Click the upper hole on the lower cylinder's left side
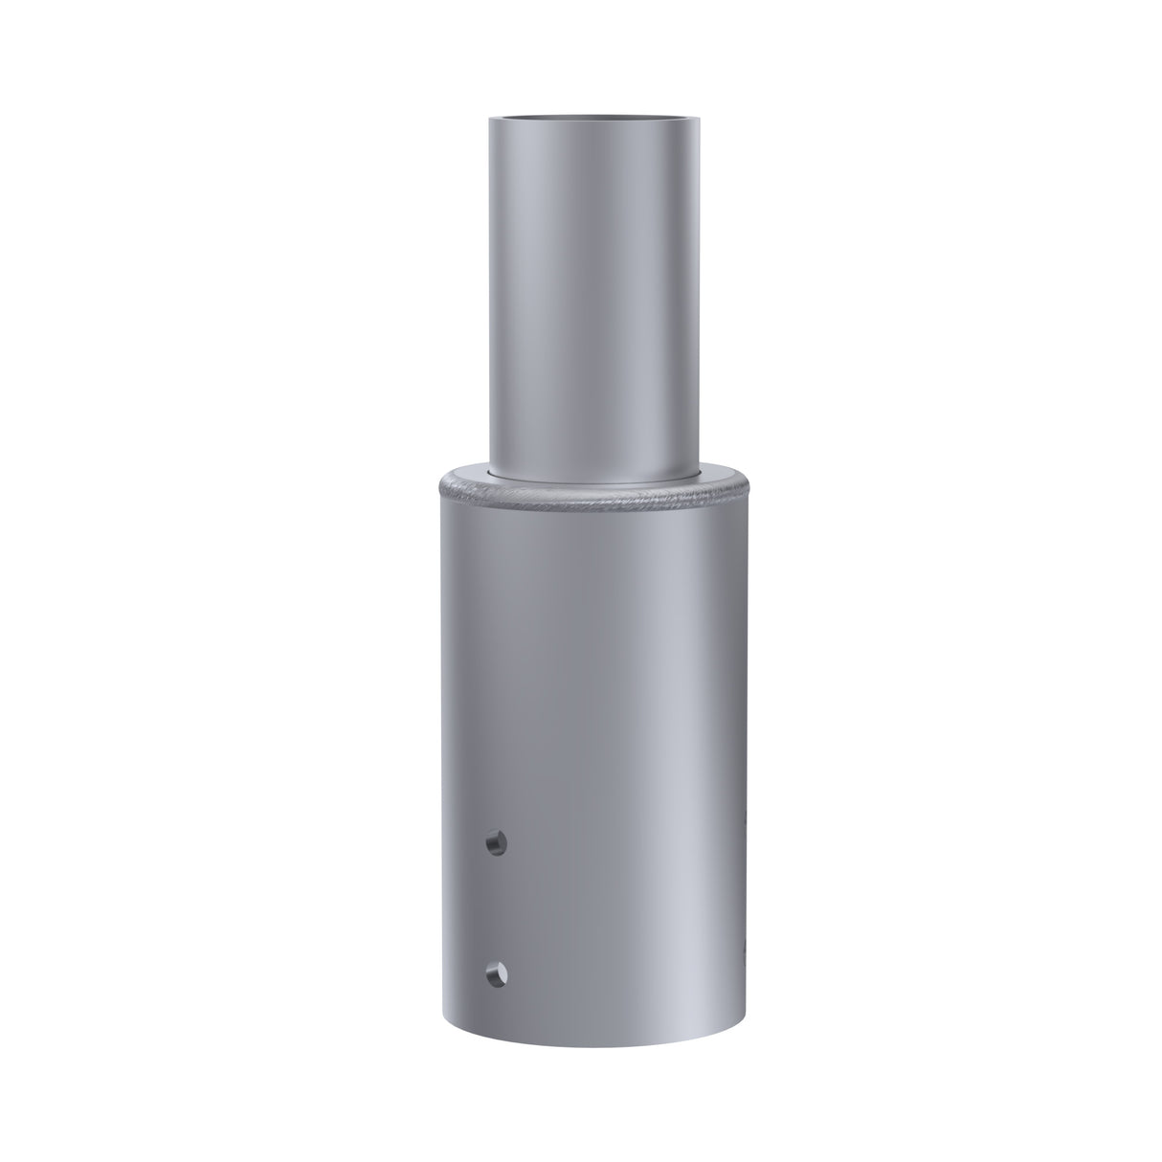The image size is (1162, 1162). pyautogui.click(x=495, y=843)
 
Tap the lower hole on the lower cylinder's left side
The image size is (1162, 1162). pyautogui.click(x=495, y=975)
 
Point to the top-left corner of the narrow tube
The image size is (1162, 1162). pyautogui.click(x=489, y=123)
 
